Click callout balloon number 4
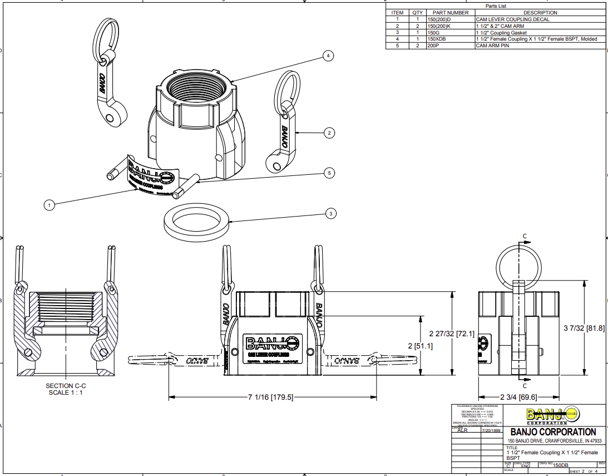coord(329,56)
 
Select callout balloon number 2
coord(329,133)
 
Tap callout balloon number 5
coord(329,173)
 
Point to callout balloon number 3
coord(331,213)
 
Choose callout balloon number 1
coord(50,205)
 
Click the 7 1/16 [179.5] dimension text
coord(270,397)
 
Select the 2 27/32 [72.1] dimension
coord(452,333)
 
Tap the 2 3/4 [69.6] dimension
coord(518,397)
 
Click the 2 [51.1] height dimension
coord(421,346)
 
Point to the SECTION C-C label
coord(66,385)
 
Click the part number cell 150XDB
coord(437,40)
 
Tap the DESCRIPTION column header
coord(540,13)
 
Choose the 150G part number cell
coord(433,33)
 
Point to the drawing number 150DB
coord(560,465)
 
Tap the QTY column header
coord(417,13)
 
